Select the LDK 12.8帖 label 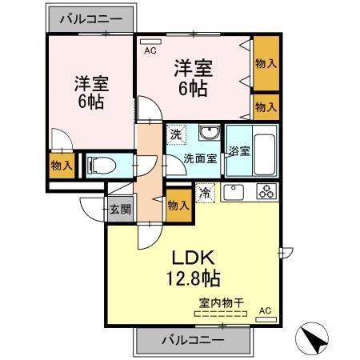(193, 268)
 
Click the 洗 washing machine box (175, 135)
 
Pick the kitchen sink (234, 192)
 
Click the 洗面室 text (200, 158)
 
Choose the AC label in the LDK (266, 310)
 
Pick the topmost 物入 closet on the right (266, 62)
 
